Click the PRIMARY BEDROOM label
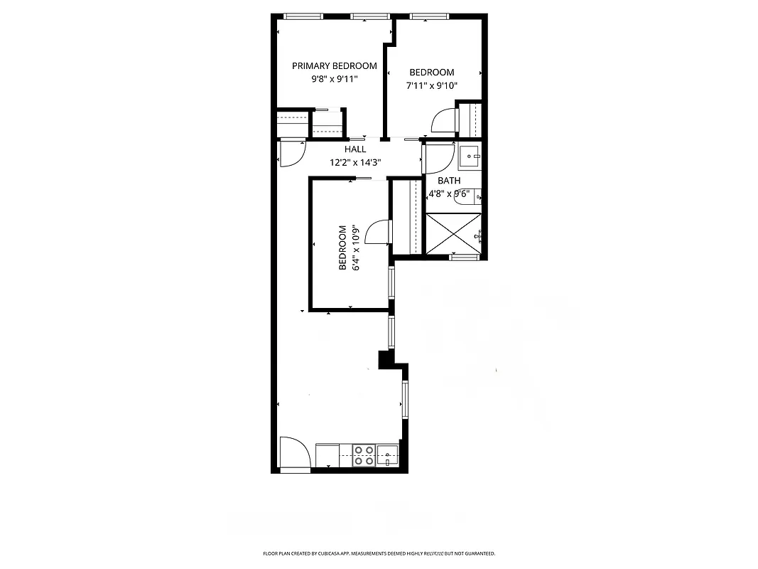pos(335,66)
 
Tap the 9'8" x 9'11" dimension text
pos(335,80)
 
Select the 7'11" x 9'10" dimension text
pos(431,85)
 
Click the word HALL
pos(355,149)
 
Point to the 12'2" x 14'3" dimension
pos(355,162)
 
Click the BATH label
pos(449,181)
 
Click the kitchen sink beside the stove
pos(387,454)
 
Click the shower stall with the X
pos(453,233)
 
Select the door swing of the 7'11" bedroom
pos(444,121)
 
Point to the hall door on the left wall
pos(291,154)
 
